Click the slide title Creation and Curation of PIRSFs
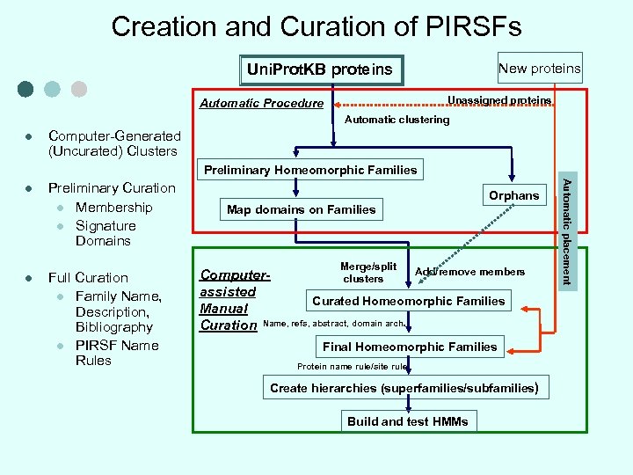click(x=316, y=26)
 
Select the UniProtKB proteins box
click(x=320, y=69)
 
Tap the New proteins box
click(x=539, y=68)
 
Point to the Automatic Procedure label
click(x=261, y=103)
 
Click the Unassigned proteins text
click(x=499, y=100)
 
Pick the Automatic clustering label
click(x=397, y=120)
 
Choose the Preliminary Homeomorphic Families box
click(x=310, y=170)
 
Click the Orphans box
click(x=513, y=195)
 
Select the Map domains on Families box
click(x=301, y=209)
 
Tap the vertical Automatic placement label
click(x=567, y=231)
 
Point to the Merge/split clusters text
click(x=367, y=273)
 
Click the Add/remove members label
click(x=469, y=272)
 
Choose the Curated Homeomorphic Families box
click(x=409, y=301)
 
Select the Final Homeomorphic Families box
click(x=410, y=347)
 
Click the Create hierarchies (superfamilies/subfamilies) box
click(x=404, y=388)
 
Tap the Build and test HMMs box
click(x=408, y=421)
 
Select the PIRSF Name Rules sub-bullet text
click(x=116, y=353)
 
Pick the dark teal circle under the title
click(x=25, y=89)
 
